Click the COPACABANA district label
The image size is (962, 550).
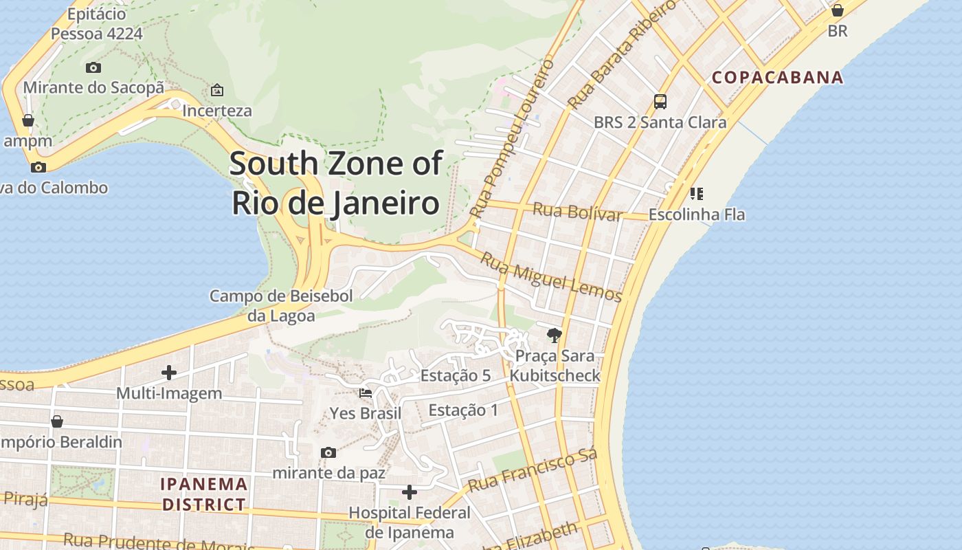coord(777,77)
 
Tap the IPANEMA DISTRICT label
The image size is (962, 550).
coord(203,494)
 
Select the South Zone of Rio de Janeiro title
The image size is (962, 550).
coord(335,184)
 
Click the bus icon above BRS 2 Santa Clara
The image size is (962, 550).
coord(660,102)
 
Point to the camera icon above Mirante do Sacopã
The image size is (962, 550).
coord(93,67)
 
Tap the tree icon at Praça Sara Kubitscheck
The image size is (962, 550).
coord(554,335)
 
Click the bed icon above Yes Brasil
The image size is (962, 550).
coord(366,393)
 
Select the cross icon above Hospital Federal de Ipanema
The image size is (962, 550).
coord(410,492)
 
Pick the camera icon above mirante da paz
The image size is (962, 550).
coord(328,452)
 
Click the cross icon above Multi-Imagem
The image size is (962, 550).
coord(169,373)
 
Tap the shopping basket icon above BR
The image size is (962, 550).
coord(837,10)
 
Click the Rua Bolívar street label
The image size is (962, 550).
coord(577,212)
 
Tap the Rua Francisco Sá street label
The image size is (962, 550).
coord(533,471)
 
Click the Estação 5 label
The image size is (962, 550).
coord(455,375)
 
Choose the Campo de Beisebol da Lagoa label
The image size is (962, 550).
coord(281,306)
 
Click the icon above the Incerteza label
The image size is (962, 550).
coord(217,90)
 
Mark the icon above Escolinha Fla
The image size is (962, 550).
coord(696,194)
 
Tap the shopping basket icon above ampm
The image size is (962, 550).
coord(28,120)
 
